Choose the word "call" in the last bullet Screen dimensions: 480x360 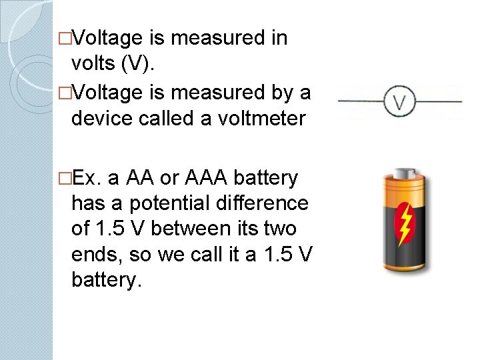tap(207, 253)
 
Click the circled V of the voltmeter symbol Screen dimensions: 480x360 tap(400, 103)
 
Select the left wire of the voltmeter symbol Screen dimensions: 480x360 tap(361, 102)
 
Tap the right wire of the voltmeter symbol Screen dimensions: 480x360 tap(440, 102)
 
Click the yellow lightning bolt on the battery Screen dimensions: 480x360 tap(405, 223)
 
